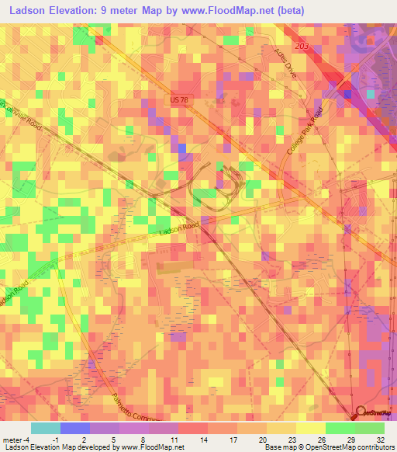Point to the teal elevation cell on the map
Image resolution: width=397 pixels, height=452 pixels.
pos(370,94)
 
